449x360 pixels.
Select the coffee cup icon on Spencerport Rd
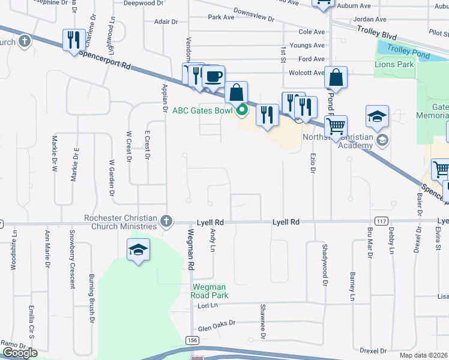[214, 77]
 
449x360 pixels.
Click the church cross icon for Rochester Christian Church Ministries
[166, 222]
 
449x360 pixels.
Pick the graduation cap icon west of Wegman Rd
[138, 250]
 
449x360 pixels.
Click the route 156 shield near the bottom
[192, 340]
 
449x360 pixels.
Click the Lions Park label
[394, 64]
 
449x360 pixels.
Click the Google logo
[20, 352]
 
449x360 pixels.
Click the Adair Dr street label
[166, 22]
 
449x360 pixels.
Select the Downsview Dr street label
[254, 15]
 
